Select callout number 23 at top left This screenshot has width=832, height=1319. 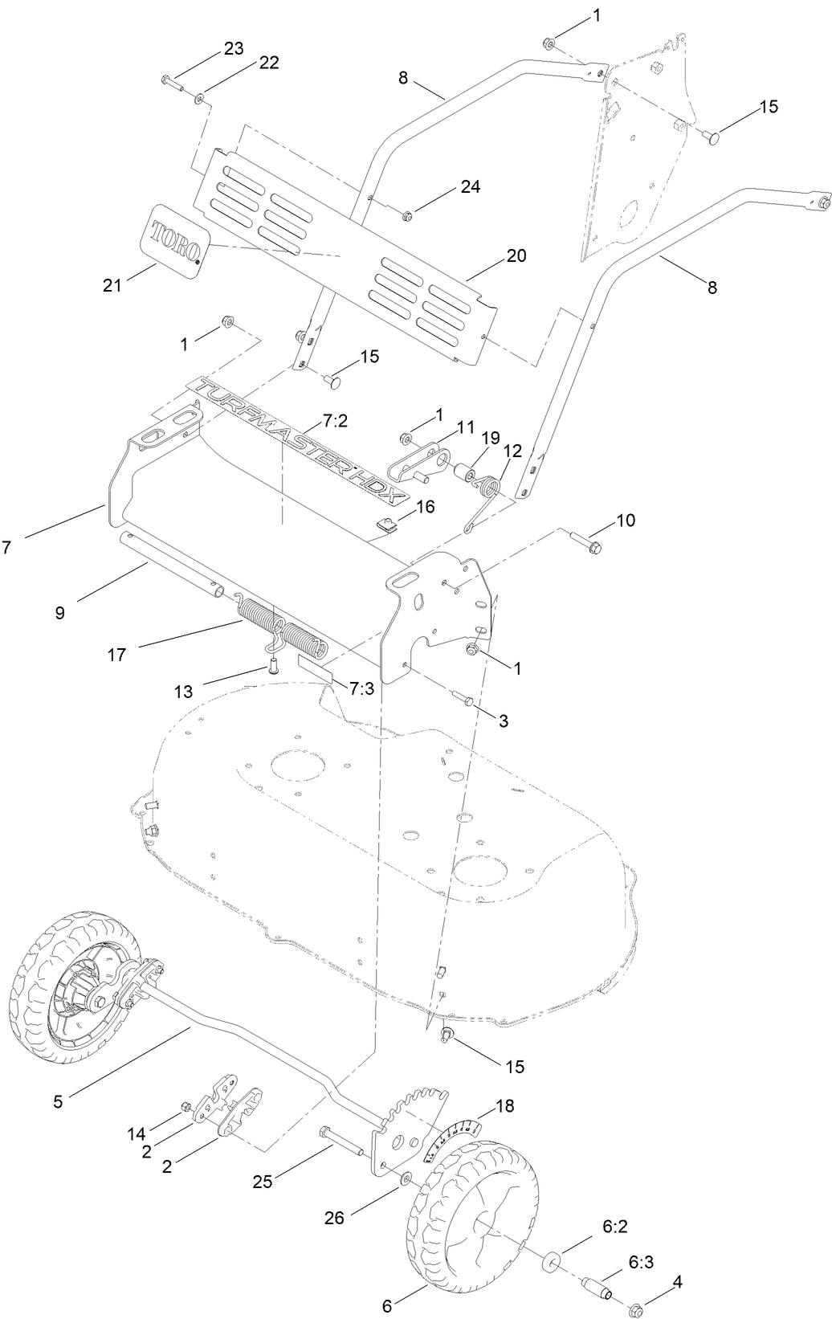coord(233,48)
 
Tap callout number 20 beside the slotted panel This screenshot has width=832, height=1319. coord(516,255)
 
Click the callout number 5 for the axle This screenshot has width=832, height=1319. coord(57,1102)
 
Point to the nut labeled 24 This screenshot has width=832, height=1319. coord(407,214)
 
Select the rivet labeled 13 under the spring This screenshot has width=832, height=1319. coord(274,664)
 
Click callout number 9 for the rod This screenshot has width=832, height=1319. coord(60,613)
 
